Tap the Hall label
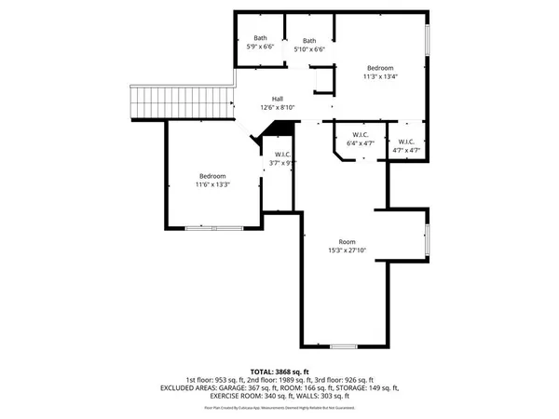278,100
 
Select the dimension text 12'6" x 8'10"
278,108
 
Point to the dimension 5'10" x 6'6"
309,49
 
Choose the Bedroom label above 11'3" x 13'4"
380,68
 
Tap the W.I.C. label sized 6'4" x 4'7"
360,135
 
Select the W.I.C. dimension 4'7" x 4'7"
407,150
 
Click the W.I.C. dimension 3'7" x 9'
282,162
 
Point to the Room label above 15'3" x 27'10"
347,241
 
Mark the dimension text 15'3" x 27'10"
347,250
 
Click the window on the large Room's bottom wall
343,346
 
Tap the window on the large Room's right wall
428,237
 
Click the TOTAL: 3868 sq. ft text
279,372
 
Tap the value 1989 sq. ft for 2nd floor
296,380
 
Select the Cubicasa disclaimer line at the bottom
279,407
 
